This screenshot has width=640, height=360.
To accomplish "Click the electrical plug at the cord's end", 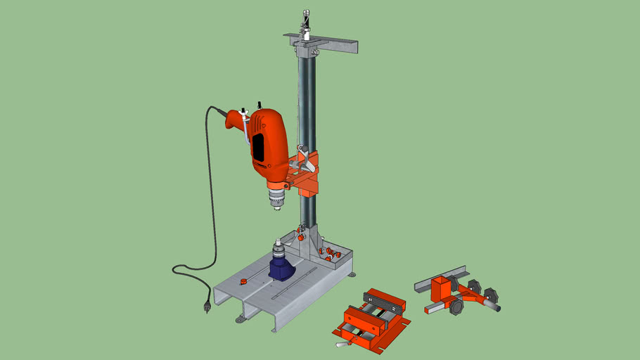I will click(207, 306).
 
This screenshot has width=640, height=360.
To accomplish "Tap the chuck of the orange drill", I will click(276, 199).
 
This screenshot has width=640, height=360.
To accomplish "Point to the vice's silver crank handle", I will click(344, 343).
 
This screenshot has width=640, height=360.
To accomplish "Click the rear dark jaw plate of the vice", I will click(383, 299).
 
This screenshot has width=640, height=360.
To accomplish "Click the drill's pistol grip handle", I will click(236, 121).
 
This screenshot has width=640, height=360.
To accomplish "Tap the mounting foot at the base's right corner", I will click(352, 274).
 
